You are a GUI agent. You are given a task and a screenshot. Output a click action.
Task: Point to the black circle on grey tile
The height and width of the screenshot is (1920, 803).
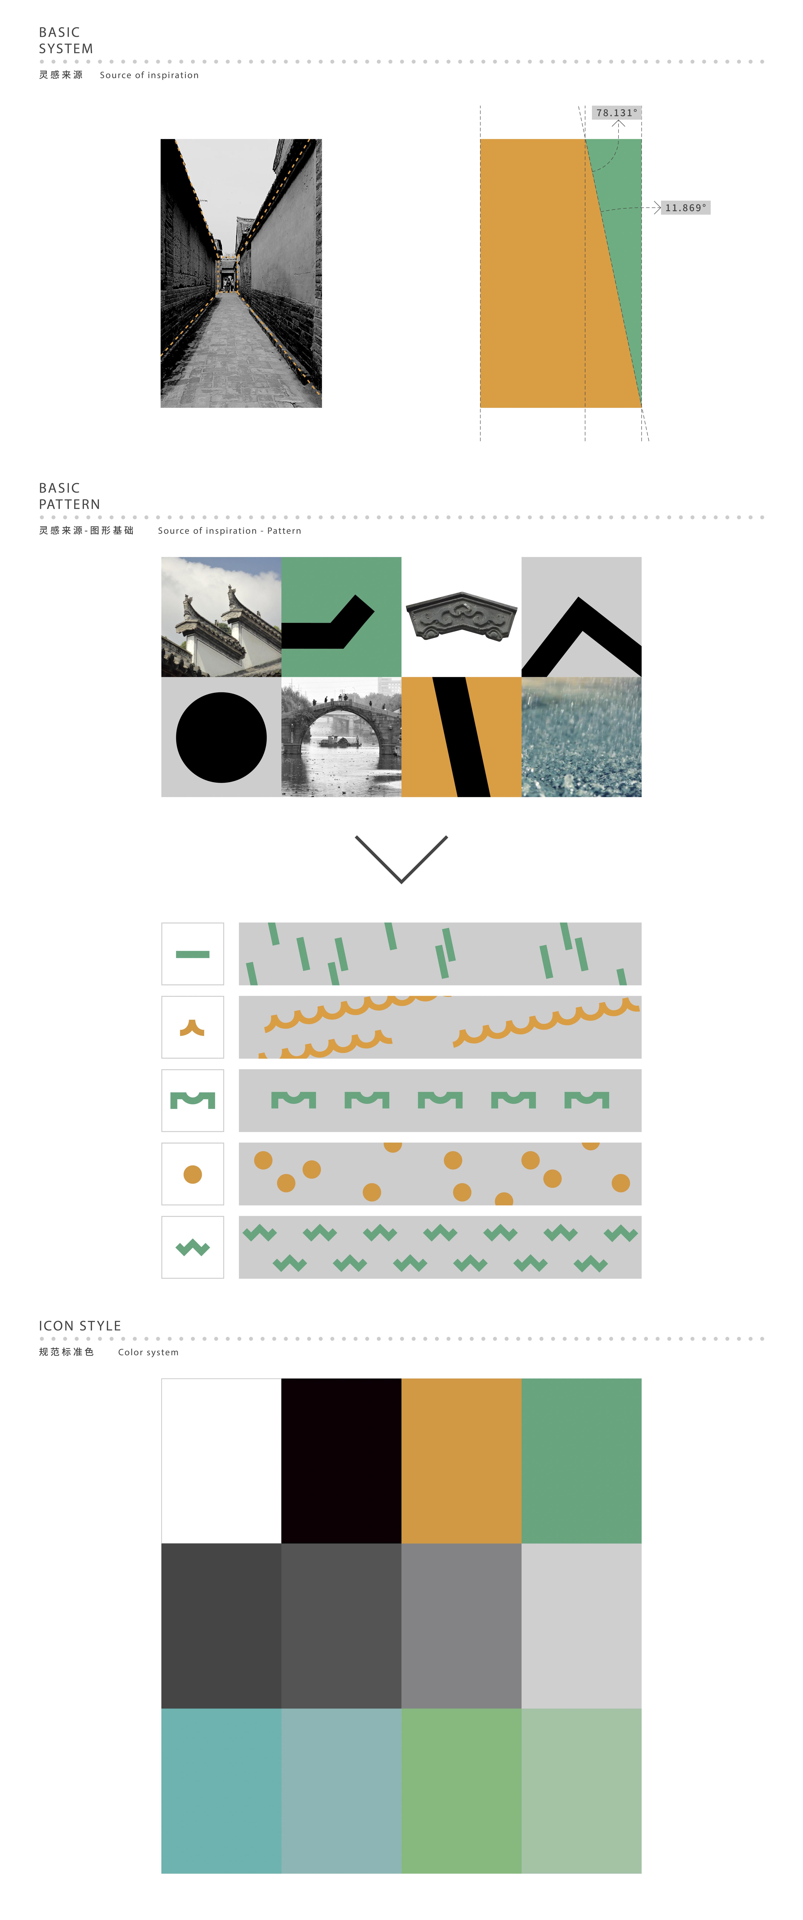[x=221, y=737]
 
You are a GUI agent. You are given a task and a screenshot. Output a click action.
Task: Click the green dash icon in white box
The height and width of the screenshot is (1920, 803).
[x=192, y=954]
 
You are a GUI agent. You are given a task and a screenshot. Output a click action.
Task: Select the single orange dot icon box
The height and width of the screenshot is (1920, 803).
[x=192, y=1174]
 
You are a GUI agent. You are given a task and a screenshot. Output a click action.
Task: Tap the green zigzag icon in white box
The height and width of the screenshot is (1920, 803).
[x=192, y=1248]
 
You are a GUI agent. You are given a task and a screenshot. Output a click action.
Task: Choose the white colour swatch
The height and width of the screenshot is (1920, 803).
[x=221, y=1461]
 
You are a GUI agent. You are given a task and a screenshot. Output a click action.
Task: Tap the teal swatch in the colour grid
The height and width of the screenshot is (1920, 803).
[x=221, y=1790]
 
